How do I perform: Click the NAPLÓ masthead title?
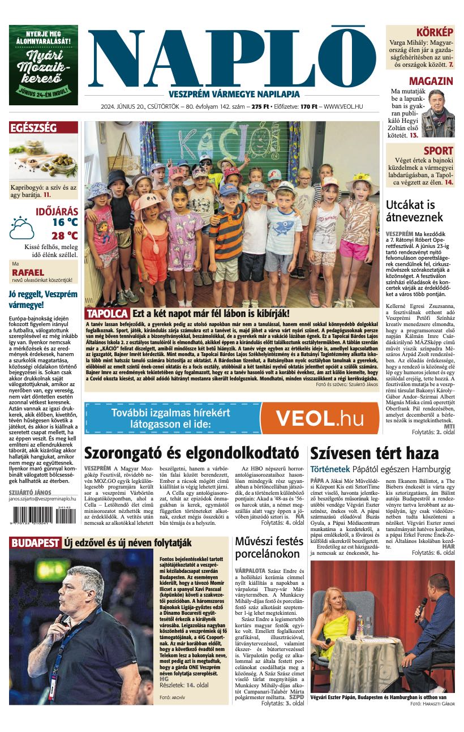232,58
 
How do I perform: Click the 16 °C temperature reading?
65,222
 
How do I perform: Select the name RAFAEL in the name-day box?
28,272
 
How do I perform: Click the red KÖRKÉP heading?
435,32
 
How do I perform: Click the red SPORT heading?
438,151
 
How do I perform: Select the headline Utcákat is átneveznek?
410,211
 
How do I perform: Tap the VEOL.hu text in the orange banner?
320,418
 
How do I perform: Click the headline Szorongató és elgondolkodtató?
191,453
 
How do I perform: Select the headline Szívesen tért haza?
374,453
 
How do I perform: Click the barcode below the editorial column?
40,517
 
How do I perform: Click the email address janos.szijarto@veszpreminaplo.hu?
42,499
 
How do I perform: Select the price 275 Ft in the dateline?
260,106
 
